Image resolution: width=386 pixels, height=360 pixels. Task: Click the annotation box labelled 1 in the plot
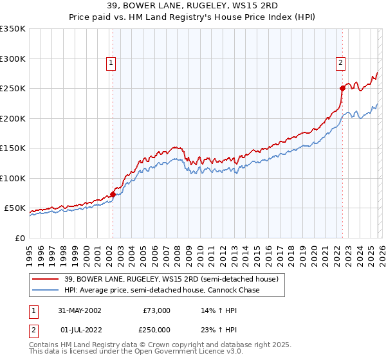[112, 63]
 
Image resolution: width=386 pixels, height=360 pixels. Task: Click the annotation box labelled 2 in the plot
[340, 63]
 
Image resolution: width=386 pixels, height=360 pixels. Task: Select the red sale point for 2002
[113, 194]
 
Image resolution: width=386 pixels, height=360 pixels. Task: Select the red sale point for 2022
[342, 89]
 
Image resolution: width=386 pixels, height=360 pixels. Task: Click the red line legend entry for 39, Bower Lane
[170, 279]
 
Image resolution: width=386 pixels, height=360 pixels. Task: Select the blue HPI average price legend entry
[161, 291]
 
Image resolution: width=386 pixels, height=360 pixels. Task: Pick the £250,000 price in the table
[156, 328]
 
